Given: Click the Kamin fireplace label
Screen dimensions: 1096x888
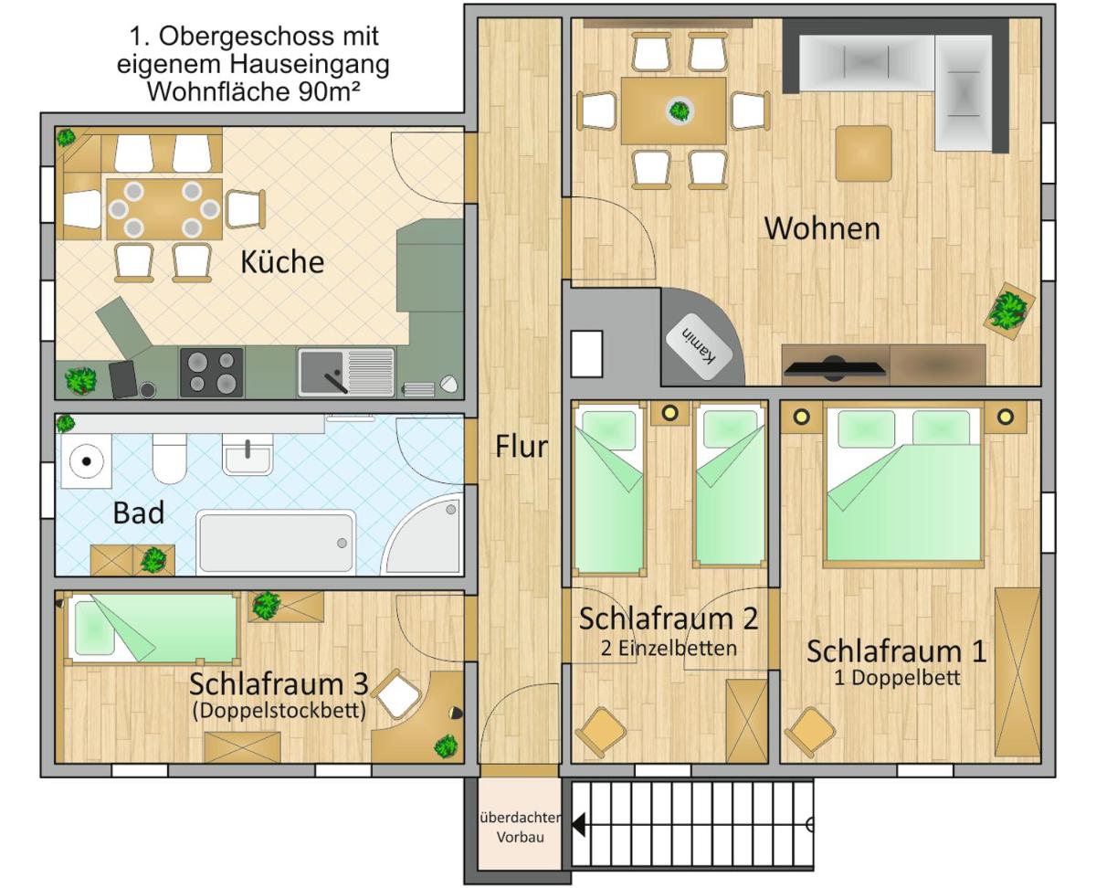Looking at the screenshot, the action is pos(699,346).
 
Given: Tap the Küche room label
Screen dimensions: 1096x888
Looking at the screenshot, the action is pos(282,261).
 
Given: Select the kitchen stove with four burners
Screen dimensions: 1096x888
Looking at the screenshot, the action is pos(212,372).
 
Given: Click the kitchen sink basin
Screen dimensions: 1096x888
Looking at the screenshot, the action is pos(321,372).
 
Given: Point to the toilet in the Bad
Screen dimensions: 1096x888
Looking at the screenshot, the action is pos(169,458).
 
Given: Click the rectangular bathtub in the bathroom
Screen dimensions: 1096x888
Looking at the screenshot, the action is pos(276,541).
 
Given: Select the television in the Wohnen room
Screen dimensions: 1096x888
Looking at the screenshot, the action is pos(835,367).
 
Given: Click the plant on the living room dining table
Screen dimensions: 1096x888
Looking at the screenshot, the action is pos(680,111).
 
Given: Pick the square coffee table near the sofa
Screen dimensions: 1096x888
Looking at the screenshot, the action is pos(863,153).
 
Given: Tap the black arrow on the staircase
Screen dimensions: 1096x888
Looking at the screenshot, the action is pos(579,824).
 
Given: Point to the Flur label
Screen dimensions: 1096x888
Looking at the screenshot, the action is pos(522,447).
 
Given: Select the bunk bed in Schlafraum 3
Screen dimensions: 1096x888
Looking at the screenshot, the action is pos(153,629).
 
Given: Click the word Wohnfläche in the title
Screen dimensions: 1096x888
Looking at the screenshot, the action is pos(218,91).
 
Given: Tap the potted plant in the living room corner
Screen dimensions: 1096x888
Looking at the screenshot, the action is pos(1009,311).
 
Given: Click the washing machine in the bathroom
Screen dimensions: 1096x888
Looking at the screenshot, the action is pos(87,460).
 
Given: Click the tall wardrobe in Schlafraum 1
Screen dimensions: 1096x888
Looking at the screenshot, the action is pos(1017,672).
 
